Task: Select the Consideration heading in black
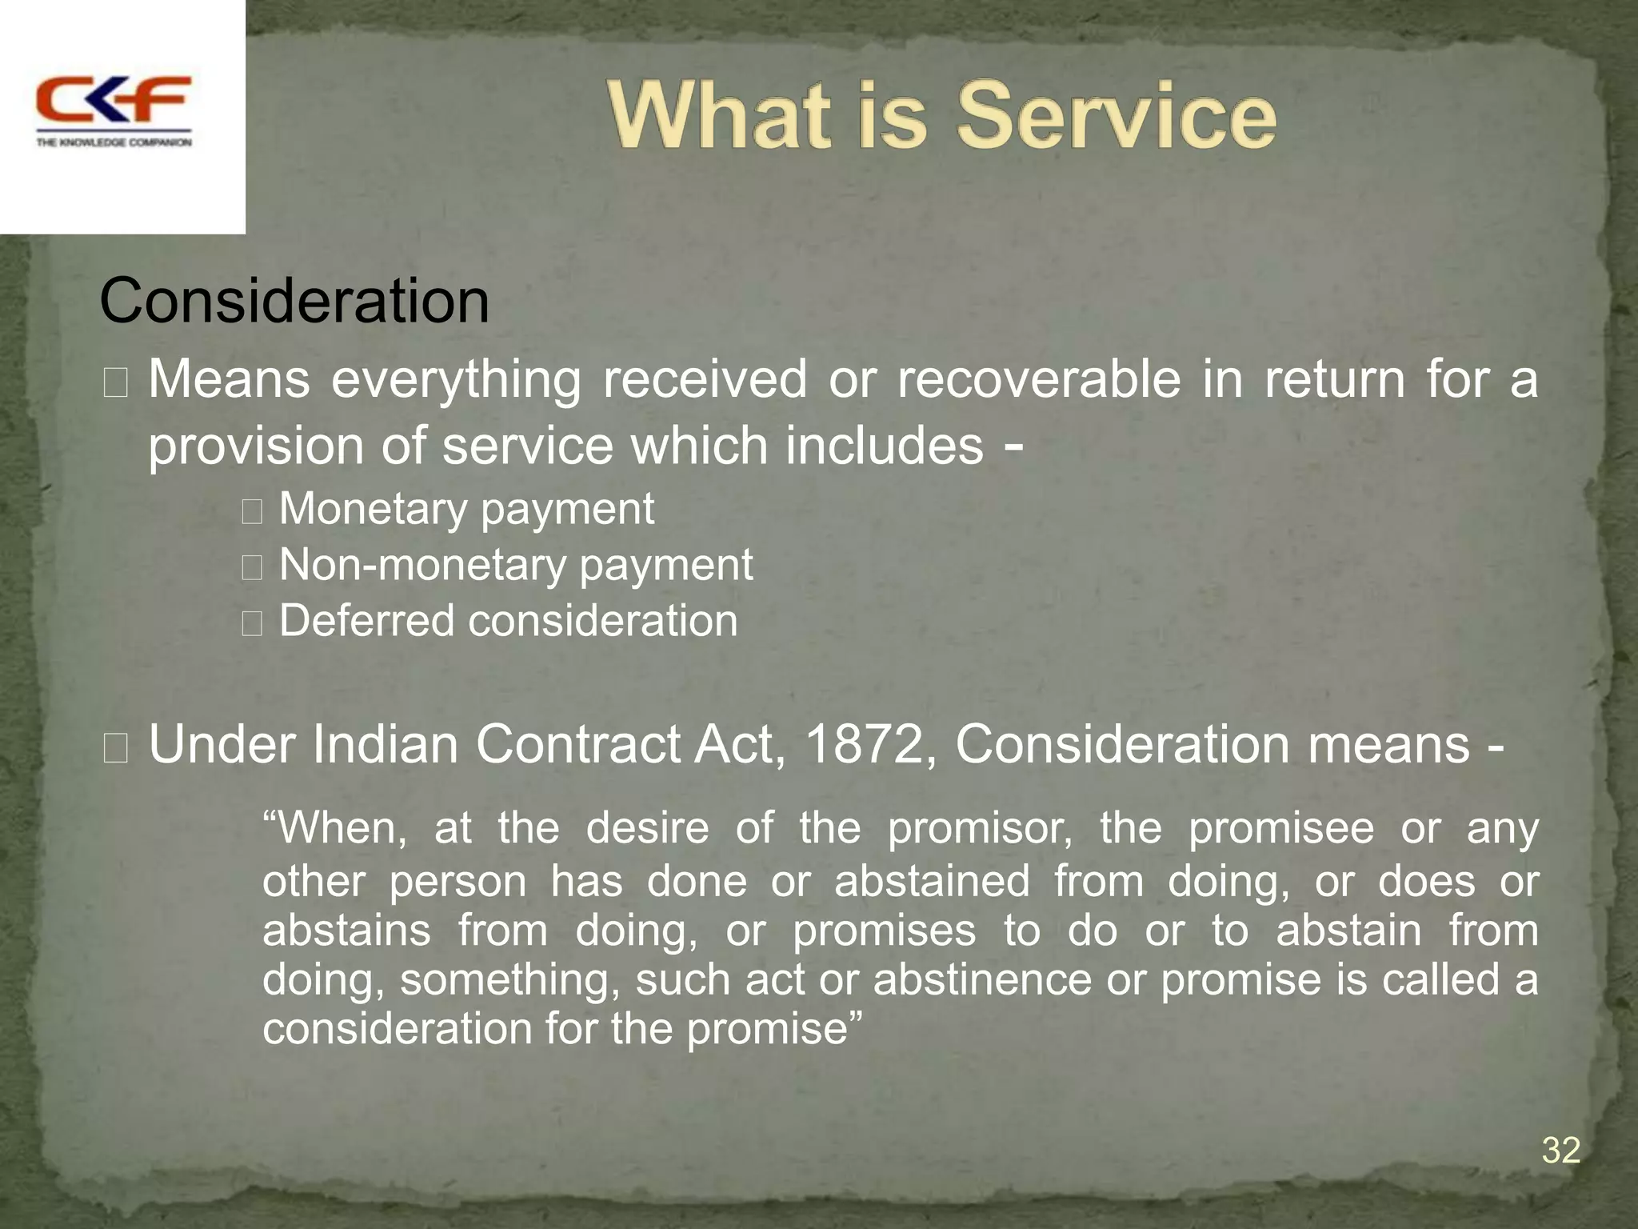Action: tap(294, 302)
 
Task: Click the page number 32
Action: tap(1560, 1151)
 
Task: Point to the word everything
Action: tap(456, 380)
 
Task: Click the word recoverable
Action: tap(1039, 380)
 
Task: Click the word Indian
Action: tap(384, 745)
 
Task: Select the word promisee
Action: tap(1280, 828)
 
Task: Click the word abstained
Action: tap(932, 882)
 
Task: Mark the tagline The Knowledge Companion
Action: tap(114, 142)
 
